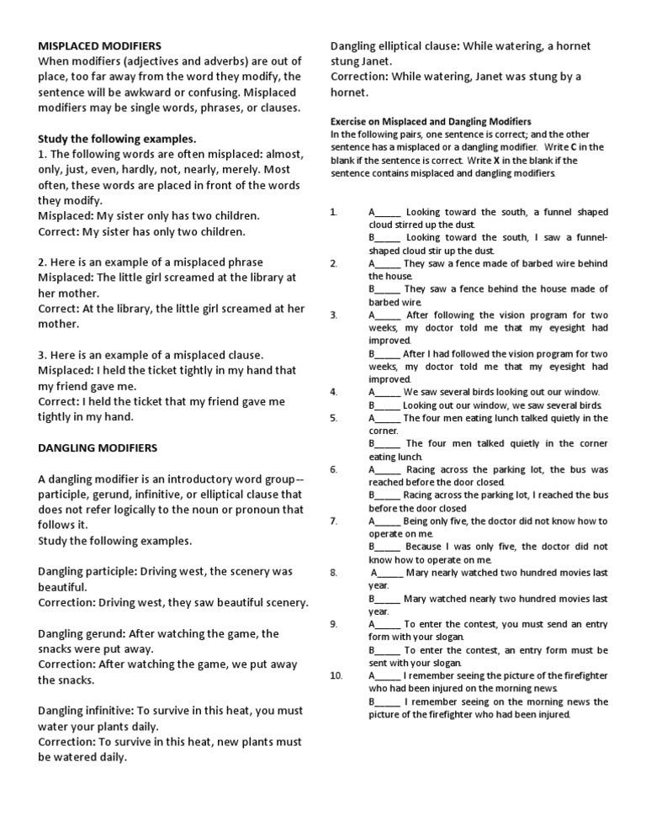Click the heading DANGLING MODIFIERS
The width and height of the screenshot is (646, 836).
(98, 447)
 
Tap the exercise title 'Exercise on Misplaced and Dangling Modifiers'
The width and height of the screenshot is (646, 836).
(431, 121)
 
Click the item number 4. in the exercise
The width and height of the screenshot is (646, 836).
(334, 392)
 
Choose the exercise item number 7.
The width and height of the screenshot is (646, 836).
(334, 521)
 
